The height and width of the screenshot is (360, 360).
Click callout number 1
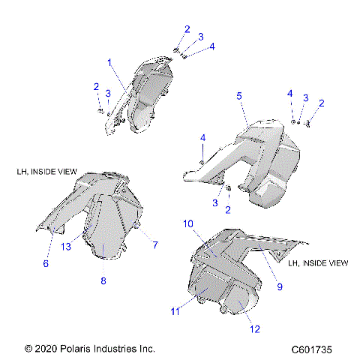109,61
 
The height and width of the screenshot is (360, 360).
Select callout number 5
238,96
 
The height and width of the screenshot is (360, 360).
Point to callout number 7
155,245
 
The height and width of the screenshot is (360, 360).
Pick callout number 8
104,281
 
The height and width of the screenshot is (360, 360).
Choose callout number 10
187,224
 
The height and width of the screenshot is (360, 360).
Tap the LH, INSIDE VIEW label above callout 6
46,172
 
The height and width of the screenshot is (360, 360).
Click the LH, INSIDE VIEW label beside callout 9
318,263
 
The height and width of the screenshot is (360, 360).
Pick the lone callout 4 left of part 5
202,138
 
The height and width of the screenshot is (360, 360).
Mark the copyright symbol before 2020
28,349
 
